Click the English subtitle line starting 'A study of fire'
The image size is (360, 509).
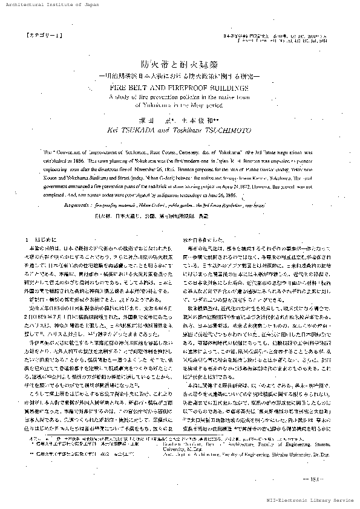180,96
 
